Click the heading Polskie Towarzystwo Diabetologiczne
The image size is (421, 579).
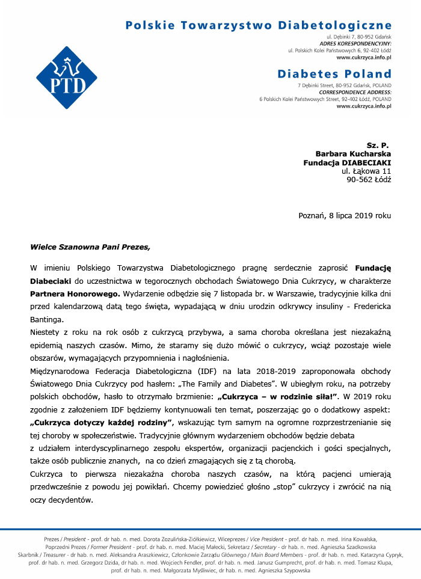click(x=258, y=25)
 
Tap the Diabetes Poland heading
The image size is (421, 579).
click(x=334, y=74)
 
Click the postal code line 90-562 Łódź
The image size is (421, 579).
click(x=369, y=179)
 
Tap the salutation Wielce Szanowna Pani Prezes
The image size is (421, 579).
click(x=90, y=246)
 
